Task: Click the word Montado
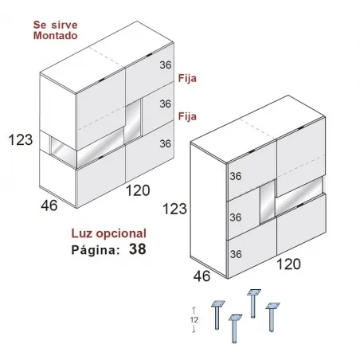[x=55, y=36]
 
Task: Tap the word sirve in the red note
[x=65, y=25]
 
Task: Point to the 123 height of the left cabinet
[x=21, y=139]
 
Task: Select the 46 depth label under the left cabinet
[x=49, y=205]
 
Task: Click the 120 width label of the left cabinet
[x=138, y=190]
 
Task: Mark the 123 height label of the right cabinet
[x=174, y=209]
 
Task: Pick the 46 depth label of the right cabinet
[x=202, y=276]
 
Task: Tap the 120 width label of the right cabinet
[x=288, y=264]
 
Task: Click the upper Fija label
[x=187, y=78]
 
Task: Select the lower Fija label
[x=187, y=116]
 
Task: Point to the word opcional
[x=121, y=233]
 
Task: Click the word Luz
[x=83, y=233]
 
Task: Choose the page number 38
[x=138, y=249]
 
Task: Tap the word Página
[x=96, y=250]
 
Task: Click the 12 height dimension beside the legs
[x=194, y=320]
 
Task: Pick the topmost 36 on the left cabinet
[x=166, y=65]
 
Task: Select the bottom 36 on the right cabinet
[x=236, y=254]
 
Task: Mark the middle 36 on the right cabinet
[x=236, y=217]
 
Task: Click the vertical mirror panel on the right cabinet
[x=268, y=202]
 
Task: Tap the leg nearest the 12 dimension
[x=217, y=315]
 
